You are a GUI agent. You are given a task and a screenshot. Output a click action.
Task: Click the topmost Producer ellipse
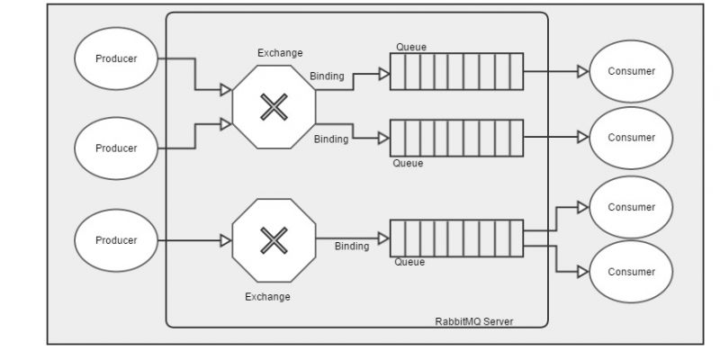(116, 59)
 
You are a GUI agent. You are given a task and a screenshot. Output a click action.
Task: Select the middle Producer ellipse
(116, 148)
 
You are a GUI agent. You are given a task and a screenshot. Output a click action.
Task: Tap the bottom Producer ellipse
(116, 240)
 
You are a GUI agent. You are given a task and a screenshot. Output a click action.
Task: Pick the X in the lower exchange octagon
(272, 240)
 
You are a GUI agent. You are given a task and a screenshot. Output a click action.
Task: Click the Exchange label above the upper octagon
(280, 53)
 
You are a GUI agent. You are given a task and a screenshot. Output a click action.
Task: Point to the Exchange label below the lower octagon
(267, 296)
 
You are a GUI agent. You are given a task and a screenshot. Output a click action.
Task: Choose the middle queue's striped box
(456, 138)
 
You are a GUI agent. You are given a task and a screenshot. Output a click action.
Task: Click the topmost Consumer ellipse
(631, 71)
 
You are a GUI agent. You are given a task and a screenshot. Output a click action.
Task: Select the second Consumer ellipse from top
(631, 138)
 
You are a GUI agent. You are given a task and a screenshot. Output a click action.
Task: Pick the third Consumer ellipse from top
(631, 207)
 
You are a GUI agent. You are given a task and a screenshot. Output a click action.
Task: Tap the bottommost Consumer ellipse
(631, 272)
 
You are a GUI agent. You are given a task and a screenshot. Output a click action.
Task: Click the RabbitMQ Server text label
(472, 320)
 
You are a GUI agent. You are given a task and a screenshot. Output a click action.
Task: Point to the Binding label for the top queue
(327, 76)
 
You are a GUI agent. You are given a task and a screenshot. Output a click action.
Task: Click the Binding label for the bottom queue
(352, 246)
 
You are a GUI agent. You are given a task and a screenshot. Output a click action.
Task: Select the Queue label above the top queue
(411, 47)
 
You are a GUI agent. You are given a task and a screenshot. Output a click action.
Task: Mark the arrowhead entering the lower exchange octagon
(226, 240)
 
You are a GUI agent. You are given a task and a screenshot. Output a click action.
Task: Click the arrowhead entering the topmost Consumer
(582, 71)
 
